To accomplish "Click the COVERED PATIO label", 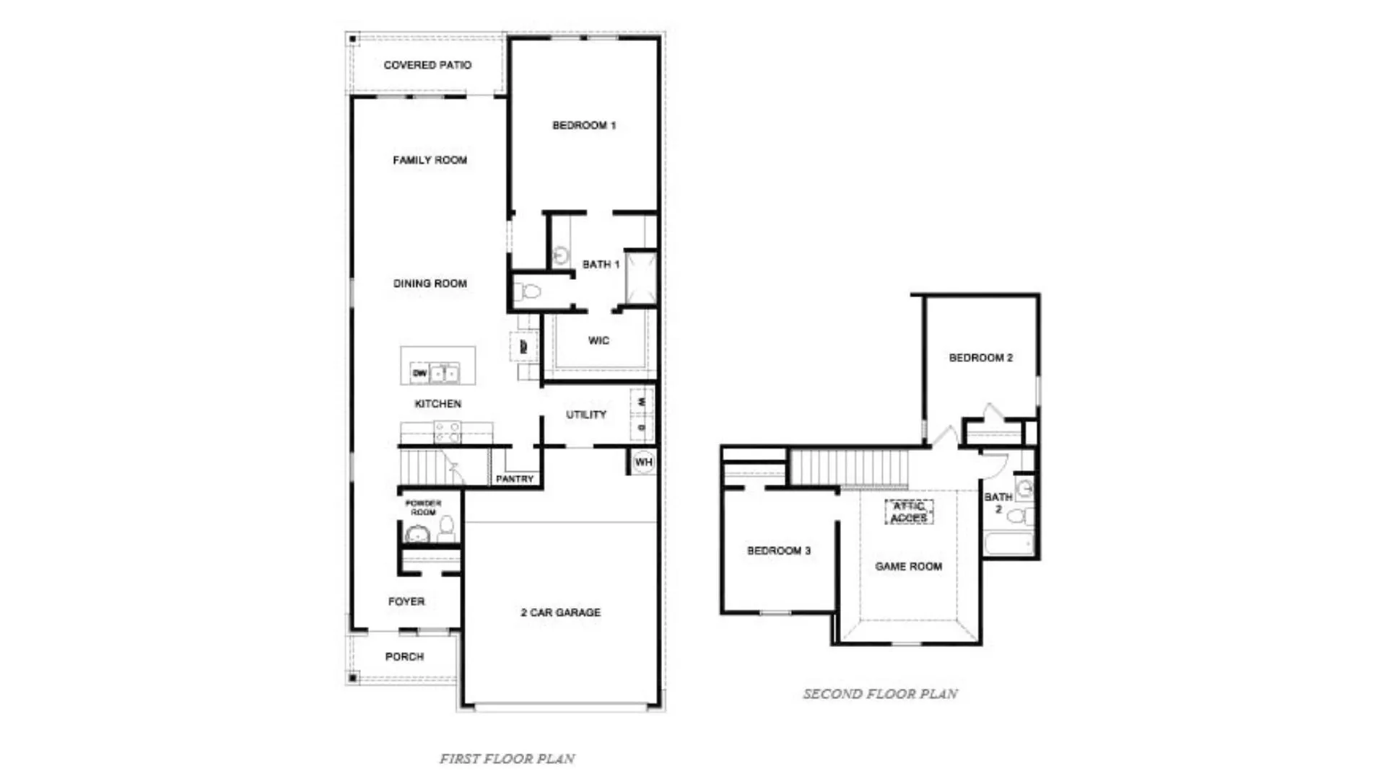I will pyautogui.click(x=427, y=65).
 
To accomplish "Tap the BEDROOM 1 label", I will pyautogui.click(x=584, y=126).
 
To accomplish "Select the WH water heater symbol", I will pyautogui.click(x=643, y=462).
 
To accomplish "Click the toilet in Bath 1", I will pyautogui.click(x=528, y=292).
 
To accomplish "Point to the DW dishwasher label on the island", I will pyautogui.click(x=419, y=373).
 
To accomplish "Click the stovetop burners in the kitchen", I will pyautogui.click(x=447, y=432).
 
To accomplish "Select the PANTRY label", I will pyautogui.click(x=515, y=479).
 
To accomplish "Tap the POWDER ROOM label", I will pyautogui.click(x=423, y=507).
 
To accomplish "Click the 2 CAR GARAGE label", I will pyautogui.click(x=560, y=612).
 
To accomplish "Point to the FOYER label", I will pyautogui.click(x=406, y=602).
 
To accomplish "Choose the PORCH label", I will pyautogui.click(x=404, y=656).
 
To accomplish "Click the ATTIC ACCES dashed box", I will pyautogui.click(x=909, y=512).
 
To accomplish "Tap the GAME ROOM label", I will pyautogui.click(x=908, y=567).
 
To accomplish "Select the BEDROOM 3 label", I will pyautogui.click(x=778, y=551).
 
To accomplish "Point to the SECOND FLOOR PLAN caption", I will pyautogui.click(x=880, y=694).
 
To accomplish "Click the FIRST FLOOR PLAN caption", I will pyautogui.click(x=507, y=759).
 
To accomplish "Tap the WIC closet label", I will pyautogui.click(x=598, y=340).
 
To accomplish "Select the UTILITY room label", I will pyautogui.click(x=585, y=415).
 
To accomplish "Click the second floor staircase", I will pyautogui.click(x=849, y=467).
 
